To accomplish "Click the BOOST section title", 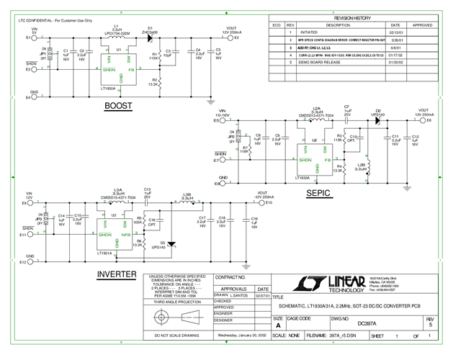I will [118, 106].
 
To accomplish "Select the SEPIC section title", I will [321, 193].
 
